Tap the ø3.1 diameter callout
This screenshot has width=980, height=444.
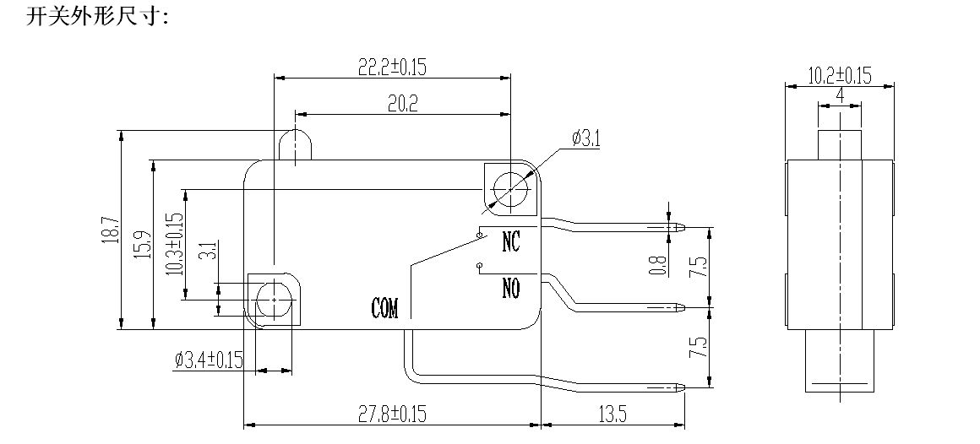585,138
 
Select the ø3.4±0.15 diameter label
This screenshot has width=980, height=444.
209,360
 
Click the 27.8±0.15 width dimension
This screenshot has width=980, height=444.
391,414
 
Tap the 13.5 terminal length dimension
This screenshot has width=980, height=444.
611,414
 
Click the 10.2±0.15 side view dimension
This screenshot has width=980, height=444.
839,75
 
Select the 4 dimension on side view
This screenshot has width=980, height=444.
840,95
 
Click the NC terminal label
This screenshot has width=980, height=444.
511,242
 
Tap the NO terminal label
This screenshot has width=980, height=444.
511,289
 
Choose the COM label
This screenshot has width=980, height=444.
384,308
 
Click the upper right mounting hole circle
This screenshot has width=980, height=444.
509,187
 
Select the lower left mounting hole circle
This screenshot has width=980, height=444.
272,296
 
